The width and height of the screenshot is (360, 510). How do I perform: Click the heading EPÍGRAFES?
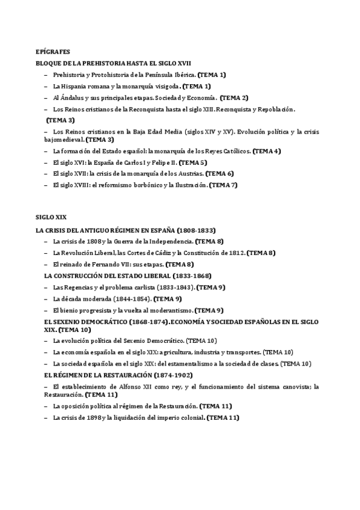[x=53, y=52]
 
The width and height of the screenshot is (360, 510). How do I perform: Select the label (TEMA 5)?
[x=193, y=162]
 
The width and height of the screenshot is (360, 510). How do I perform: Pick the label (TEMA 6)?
[x=219, y=174]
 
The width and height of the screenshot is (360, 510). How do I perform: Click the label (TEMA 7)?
[x=224, y=185]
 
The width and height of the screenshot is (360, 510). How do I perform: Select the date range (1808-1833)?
[x=197, y=230]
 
